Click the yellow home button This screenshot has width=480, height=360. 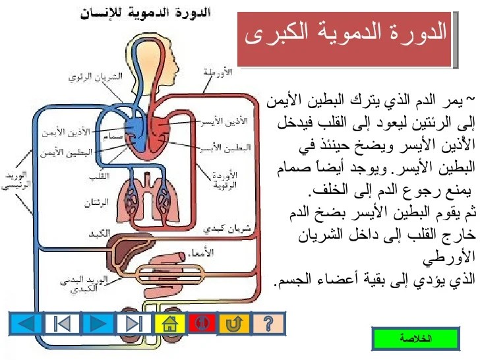170,324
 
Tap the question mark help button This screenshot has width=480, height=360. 268,324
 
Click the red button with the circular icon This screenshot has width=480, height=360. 202,324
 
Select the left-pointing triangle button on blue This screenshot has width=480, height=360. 26,324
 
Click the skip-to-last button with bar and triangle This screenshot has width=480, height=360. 134,324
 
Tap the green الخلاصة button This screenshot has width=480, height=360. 415,339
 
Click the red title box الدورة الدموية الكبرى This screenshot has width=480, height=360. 345,38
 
